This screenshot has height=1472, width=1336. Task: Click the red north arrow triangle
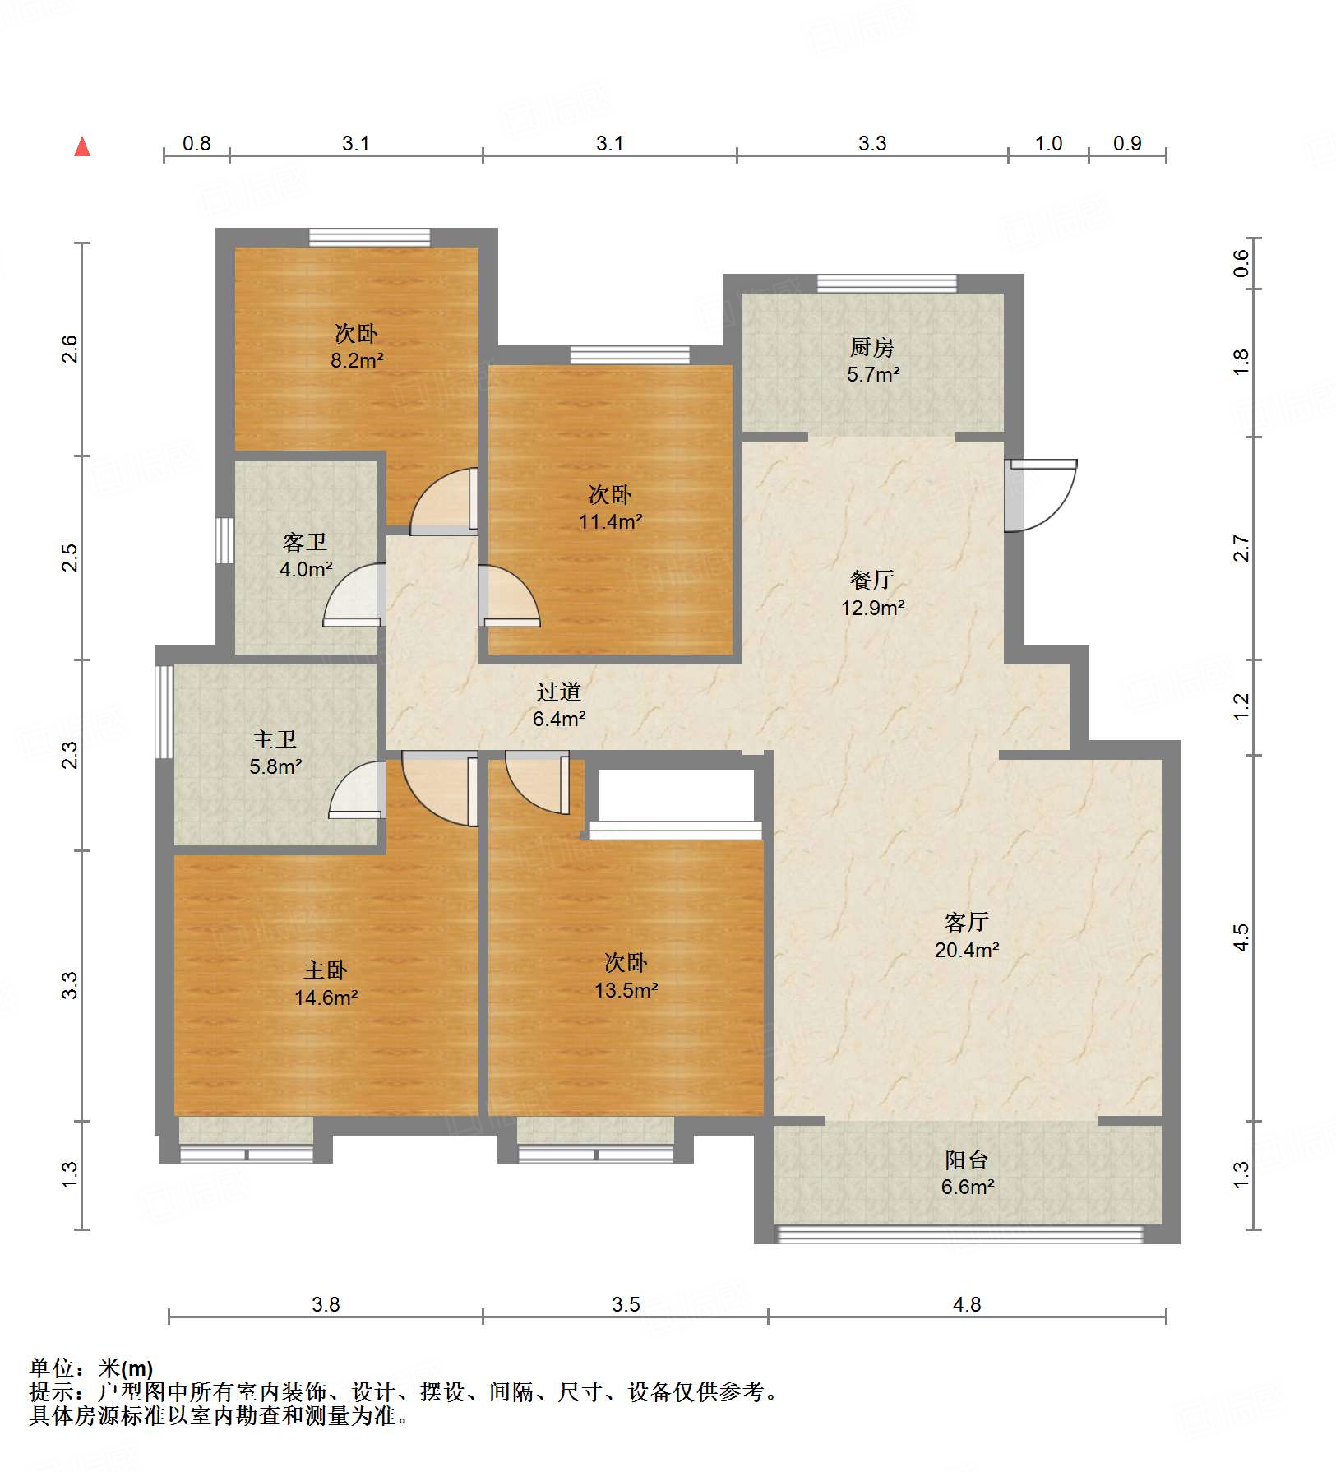click(x=82, y=147)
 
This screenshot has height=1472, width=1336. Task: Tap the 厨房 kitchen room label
click(x=871, y=347)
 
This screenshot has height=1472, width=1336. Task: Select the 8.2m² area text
click(x=357, y=360)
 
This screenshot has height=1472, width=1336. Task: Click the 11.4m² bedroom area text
click(x=610, y=521)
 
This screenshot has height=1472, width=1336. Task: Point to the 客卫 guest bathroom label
click(x=305, y=542)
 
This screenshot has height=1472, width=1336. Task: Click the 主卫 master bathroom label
click(x=275, y=739)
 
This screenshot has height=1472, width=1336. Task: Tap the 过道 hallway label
click(x=559, y=692)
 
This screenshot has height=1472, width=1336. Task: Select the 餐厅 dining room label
click(x=871, y=580)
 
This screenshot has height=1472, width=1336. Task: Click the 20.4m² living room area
click(x=967, y=950)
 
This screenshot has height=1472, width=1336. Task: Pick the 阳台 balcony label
click(x=966, y=1160)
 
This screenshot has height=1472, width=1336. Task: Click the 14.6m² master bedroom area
click(x=326, y=998)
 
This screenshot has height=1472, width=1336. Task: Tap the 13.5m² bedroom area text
click(x=626, y=990)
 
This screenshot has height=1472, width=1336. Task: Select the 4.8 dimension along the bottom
click(x=967, y=1304)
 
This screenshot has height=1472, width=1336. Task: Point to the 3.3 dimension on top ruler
click(x=872, y=143)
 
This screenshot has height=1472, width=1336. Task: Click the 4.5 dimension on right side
click(x=1241, y=937)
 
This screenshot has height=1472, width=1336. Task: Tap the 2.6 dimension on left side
click(x=71, y=349)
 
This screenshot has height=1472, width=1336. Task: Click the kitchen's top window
click(x=886, y=284)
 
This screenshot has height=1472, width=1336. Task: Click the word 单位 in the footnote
click(x=51, y=1368)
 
